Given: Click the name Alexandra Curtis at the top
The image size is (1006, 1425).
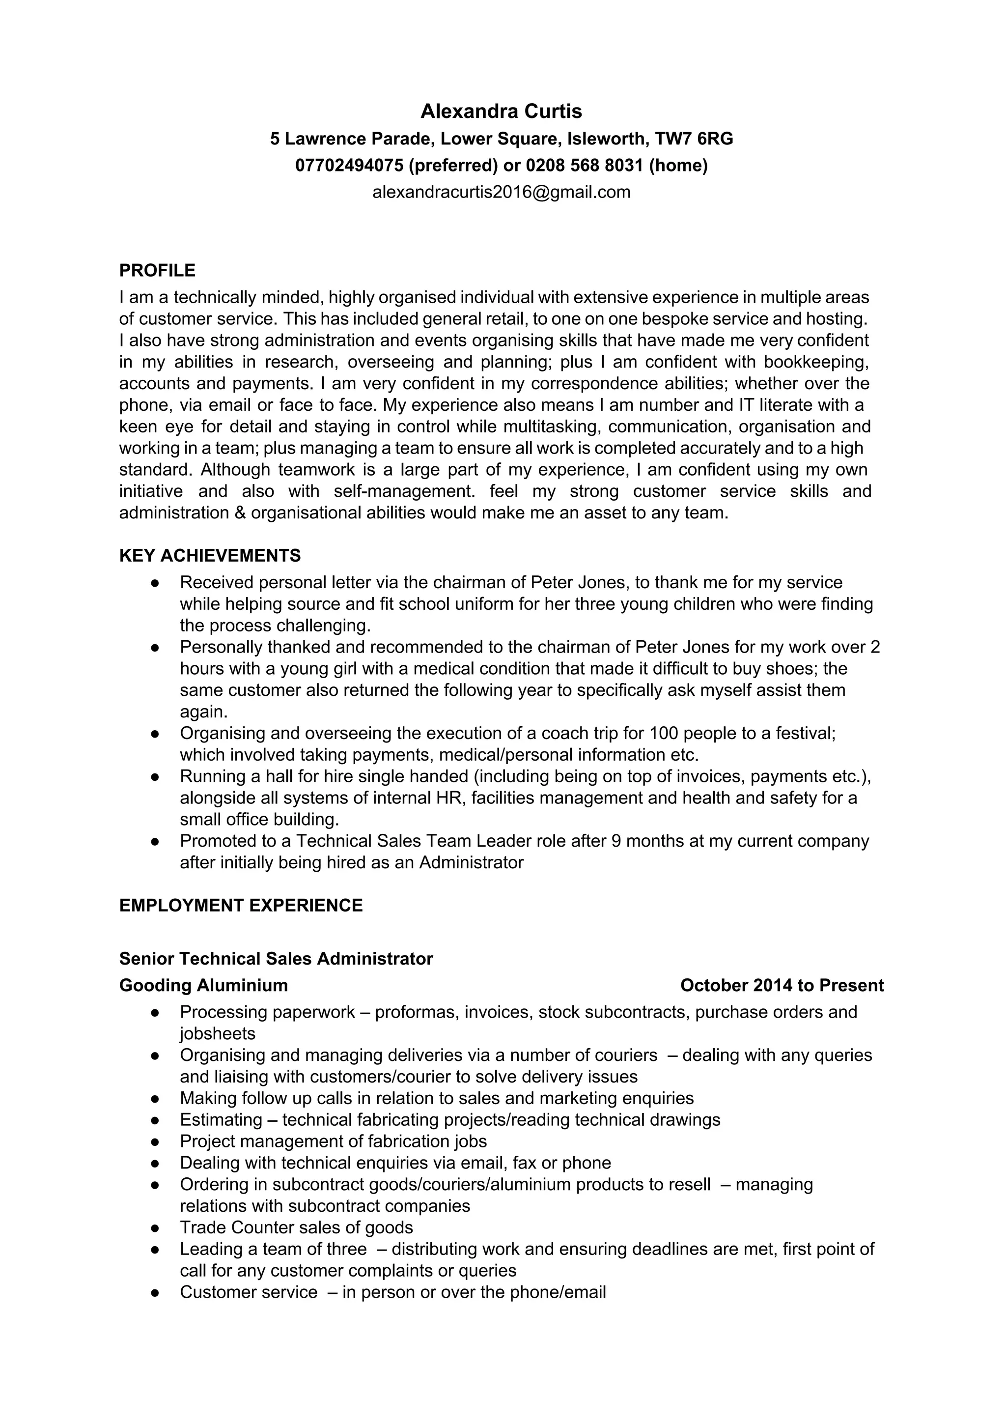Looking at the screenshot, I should [502, 111].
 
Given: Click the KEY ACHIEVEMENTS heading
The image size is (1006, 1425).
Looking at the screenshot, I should [210, 555].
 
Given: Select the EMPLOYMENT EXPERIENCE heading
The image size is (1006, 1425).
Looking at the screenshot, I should [241, 906].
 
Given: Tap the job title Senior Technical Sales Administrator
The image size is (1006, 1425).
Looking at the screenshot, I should [276, 959].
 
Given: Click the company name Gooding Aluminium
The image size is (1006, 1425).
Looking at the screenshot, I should [203, 986].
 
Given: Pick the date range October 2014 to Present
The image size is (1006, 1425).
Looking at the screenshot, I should [782, 986].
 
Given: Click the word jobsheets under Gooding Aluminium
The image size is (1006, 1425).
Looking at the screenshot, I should [218, 1034].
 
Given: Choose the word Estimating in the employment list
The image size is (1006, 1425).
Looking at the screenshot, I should [222, 1120].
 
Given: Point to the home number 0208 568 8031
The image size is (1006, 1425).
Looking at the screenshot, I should [585, 166].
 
